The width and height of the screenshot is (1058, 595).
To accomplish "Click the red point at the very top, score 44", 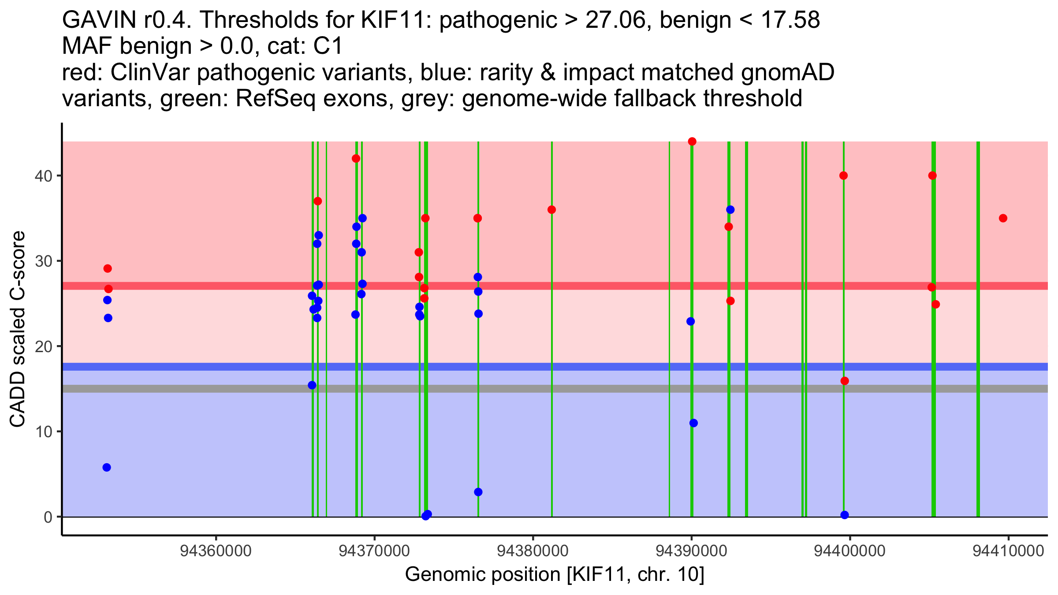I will pyautogui.click(x=692, y=141).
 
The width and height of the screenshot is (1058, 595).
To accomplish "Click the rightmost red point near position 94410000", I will pyautogui.click(x=1003, y=218).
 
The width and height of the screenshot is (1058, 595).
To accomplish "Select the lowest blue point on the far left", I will pyautogui.click(x=107, y=467).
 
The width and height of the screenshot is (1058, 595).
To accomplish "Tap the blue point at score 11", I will pyautogui.click(x=693, y=423).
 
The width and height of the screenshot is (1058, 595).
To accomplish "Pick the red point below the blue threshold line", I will pyautogui.click(x=845, y=381).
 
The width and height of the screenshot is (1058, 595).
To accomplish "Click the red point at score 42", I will pyautogui.click(x=356, y=159).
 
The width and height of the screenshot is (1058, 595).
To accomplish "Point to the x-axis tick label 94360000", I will pyautogui.click(x=216, y=551).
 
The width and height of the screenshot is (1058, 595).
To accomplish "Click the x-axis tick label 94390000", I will pyautogui.click(x=691, y=551).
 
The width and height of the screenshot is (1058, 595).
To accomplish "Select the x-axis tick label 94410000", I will pyautogui.click(x=1008, y=551).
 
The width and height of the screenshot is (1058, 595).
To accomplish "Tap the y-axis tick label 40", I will pyautogui.click(x=43, y=176).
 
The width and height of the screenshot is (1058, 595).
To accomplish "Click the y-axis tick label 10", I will pyautogui.click(x=43, y=431).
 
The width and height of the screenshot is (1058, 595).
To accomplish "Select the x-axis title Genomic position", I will pyautogui.click(x=555, y=574).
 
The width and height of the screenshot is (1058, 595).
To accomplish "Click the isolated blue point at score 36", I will pyautogui.click(x=730, y=210).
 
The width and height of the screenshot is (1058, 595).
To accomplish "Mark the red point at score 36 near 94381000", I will pyautogui.click(x=551, y=210).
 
